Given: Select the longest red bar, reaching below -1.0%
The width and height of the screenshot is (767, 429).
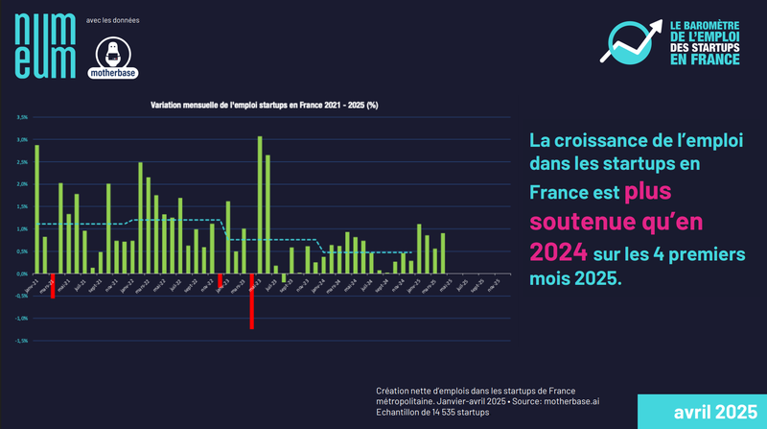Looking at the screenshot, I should (x=251, y=301).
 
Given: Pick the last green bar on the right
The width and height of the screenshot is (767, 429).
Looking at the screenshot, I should (x=443, y=253).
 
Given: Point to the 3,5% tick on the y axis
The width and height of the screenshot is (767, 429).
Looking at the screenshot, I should (x=22, y=117).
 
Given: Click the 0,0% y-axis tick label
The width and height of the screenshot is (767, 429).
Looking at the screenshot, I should (x=22, y=274).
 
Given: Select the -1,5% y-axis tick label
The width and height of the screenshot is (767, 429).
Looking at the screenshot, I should (x=22, y=341).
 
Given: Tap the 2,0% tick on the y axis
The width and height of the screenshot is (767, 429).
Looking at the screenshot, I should (x=22, y=184).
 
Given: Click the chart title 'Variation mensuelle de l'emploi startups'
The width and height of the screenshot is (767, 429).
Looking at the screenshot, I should (x=264, y=104).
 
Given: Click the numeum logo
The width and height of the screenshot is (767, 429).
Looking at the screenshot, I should (x=43, y=42).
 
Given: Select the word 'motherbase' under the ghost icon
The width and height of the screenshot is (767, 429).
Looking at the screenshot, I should (x=113, y=72).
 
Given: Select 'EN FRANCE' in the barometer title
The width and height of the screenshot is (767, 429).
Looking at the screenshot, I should (x=705, y=60).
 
